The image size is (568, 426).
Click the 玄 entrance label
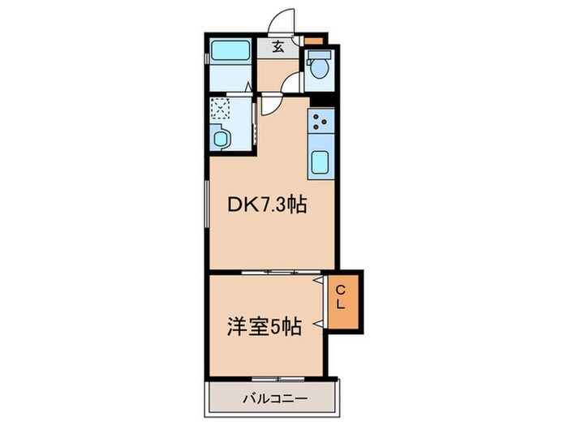(x=278, y=46)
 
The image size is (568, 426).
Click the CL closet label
(x=342, y=298)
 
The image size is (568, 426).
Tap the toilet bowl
(x=320, y=67)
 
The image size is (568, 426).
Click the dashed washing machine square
(x=221, y=109)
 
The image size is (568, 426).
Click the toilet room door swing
(x=292, y=83)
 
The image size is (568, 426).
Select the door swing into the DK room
(x=272, y=107)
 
